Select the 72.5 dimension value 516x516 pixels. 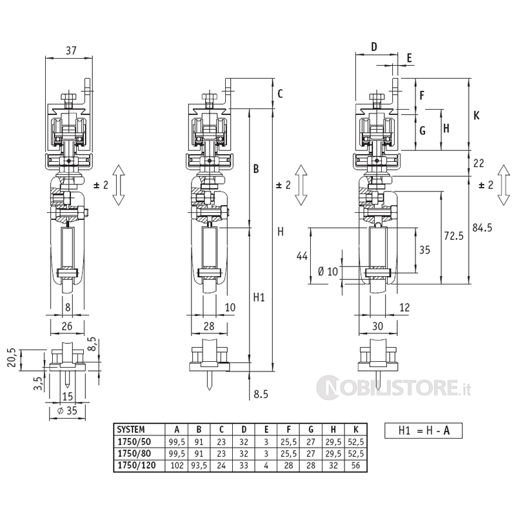(x=453, y=236)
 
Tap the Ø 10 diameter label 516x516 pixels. (x=328, y=272)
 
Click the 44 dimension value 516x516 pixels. (x=301, y=256)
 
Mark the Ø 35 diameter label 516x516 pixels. (x=67, y=410)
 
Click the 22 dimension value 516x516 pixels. (x=479, y=163)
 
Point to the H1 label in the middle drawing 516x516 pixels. (x=259, y=297)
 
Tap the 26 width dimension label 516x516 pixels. (x=67, y=326)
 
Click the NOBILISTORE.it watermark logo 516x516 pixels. (x=394, y=388)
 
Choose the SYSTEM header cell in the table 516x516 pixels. (x=131, y=428)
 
